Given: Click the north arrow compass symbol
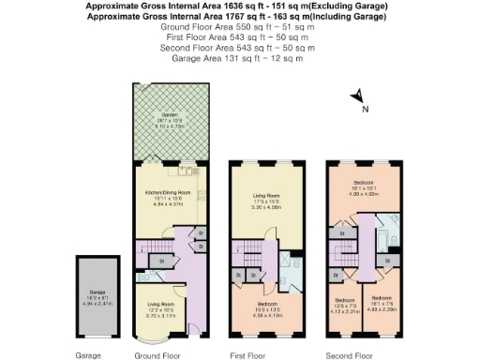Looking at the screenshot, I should pos(357,97).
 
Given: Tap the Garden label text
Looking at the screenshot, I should pos(171,117).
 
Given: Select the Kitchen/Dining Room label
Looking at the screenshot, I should pos(168,196).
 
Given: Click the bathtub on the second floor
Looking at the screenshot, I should pos(388,228).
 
